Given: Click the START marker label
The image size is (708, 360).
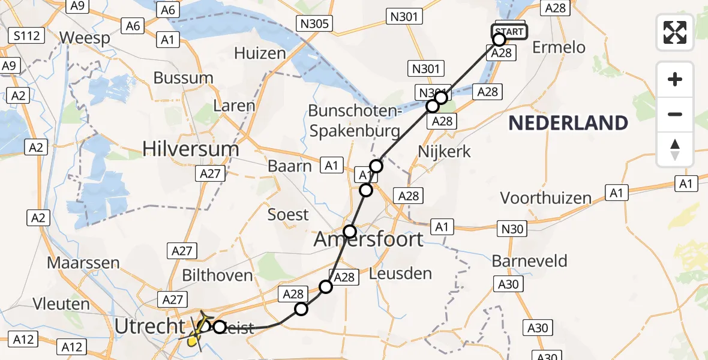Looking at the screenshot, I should [x=509, y=31].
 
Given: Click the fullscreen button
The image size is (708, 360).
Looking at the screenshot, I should [x=675, y=32].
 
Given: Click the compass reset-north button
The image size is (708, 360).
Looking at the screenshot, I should [x=675, y=149].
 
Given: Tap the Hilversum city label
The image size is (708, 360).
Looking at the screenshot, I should [x=191, y=148].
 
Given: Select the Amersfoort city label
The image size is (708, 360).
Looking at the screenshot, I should [x=368, y=240].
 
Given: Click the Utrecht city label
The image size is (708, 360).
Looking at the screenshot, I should [x=149, y=327].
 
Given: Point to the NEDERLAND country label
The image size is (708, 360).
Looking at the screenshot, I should [x=568, y=123].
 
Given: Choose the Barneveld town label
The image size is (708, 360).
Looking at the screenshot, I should [x=529, y=261].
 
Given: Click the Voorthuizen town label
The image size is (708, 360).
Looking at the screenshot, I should [x=545, y=198].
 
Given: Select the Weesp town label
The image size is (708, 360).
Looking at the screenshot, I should [x=85, y=38].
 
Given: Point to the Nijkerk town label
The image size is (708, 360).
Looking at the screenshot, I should [x=444, y=151].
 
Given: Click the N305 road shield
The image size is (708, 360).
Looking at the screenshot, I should [x=314, y=24].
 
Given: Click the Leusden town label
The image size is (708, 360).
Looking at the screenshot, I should [x=401, y=274].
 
